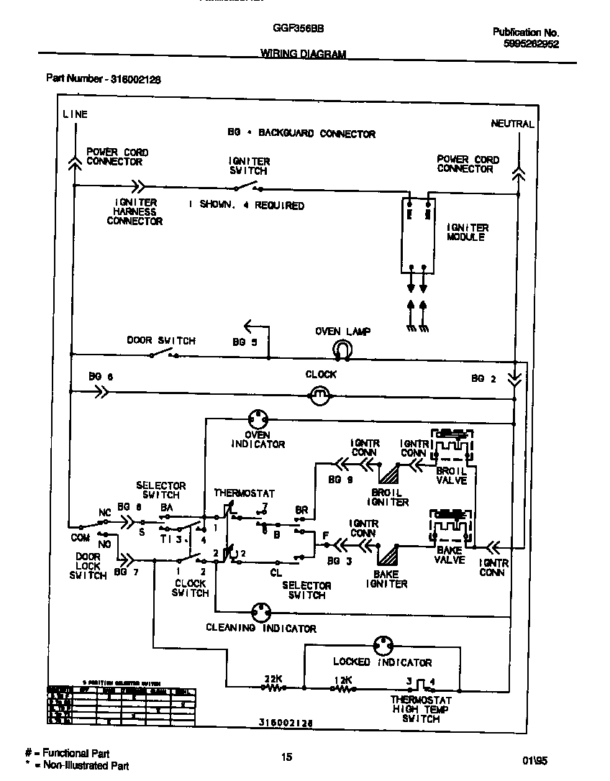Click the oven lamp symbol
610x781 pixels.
point(342,350)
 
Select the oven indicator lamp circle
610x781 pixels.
point(258,419)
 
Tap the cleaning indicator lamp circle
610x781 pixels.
point(260,613)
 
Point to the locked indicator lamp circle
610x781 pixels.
point(382,645)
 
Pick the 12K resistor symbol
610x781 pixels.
point(343,688)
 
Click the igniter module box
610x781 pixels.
point(418,234)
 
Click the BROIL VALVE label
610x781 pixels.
point(452,475)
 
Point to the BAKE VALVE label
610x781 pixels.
point(450,555)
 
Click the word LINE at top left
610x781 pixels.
point(75,114)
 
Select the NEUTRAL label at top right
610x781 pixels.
point(512,124)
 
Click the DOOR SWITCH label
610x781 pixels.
point(161,341)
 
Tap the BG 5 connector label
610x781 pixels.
point(245,342)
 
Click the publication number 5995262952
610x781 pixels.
point(531,43)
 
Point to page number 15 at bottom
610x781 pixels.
point(286,757)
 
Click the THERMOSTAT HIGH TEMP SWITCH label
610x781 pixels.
point(421,708)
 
